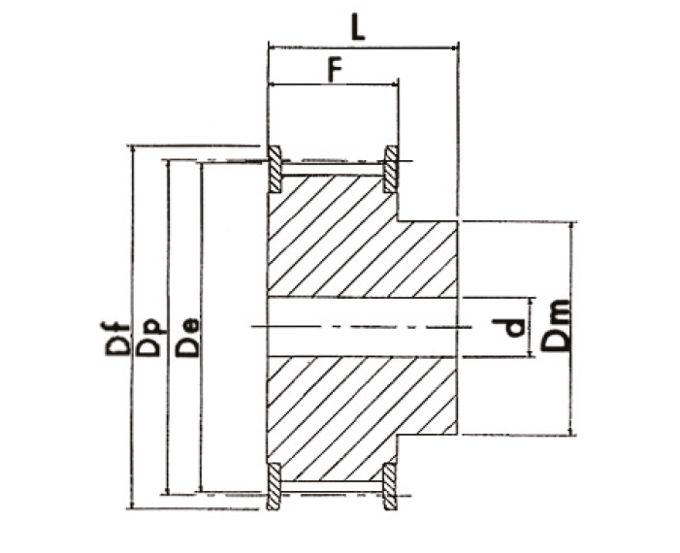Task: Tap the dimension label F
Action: click(334, 70)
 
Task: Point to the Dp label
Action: click(148, 339)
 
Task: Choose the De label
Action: click(187, 338)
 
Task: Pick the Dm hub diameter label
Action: click(556, 325)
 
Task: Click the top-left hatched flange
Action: click(275, 170)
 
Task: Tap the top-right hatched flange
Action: click(391, 170)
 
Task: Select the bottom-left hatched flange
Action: click(274, 486)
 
